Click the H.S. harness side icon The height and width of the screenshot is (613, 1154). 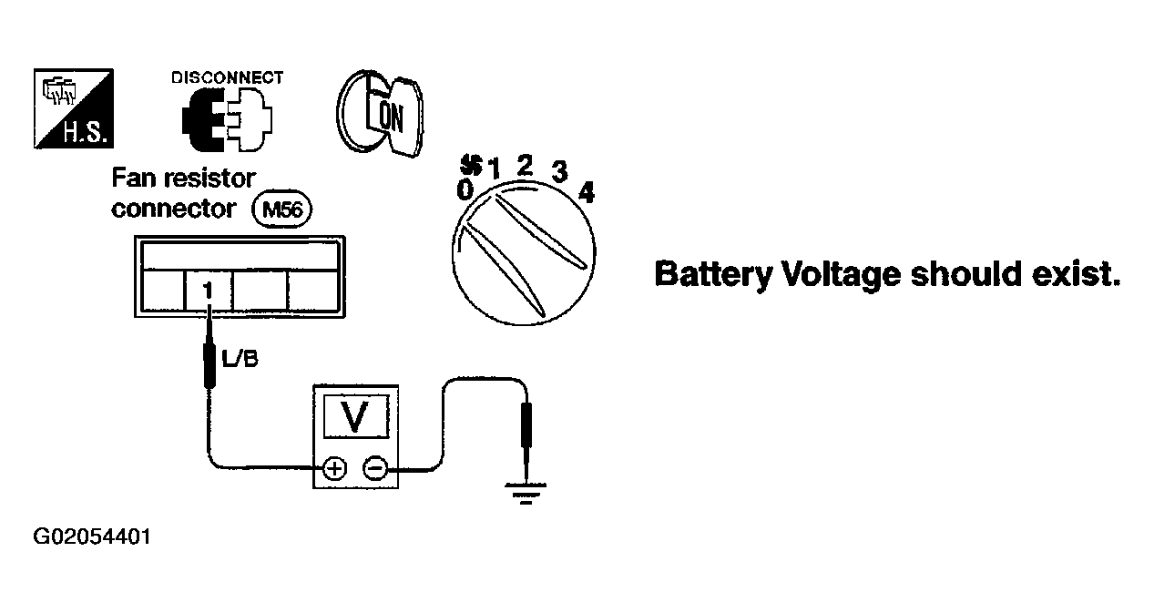(74, 108)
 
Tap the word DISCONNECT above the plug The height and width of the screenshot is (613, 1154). (227, 77)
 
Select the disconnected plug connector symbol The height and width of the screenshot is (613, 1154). (227, 119)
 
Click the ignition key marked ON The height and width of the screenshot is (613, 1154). (380, 113)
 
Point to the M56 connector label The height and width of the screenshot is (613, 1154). (281, 209)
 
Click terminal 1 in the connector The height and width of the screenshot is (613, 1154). (209, 291)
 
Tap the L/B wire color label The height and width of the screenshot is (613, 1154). (240, 359)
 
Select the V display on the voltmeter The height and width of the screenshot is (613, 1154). (355, 416)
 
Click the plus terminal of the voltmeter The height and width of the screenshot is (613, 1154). (335, 468)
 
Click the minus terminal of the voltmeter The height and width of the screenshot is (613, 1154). (375, 468)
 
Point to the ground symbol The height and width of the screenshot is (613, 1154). (526, 493)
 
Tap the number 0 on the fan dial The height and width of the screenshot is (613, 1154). (465, 189)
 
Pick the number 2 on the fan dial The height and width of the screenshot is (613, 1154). (525, 166)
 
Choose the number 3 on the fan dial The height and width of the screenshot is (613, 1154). (559, 171)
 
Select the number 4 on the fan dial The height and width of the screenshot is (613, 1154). (587, 193)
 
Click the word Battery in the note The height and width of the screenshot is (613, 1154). (713, 274)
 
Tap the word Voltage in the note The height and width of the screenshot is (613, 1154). (842, 274)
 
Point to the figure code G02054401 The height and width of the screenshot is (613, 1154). (92, 536)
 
